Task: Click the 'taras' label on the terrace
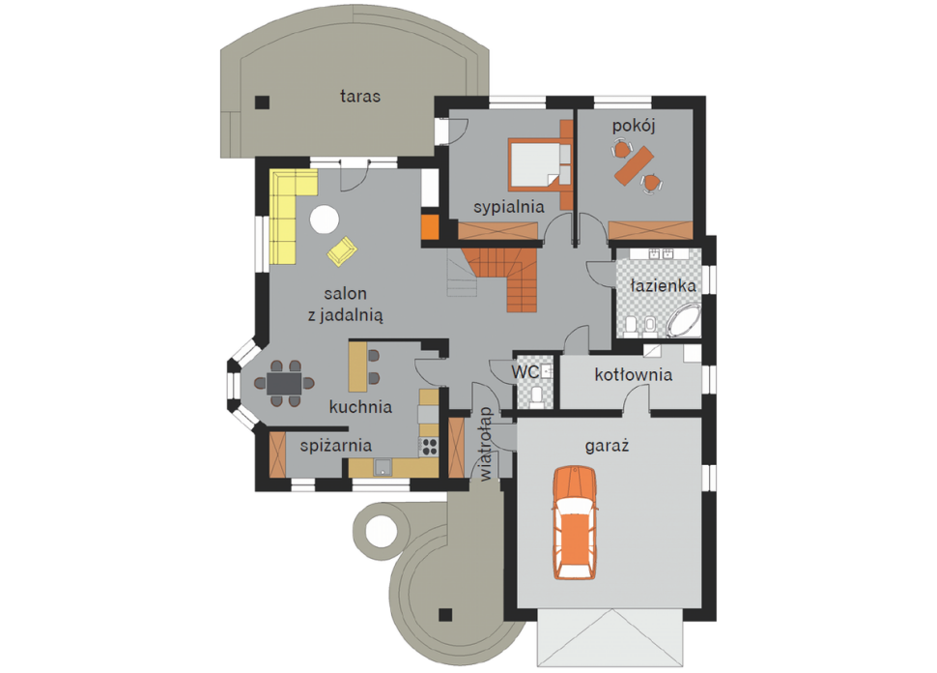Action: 359,97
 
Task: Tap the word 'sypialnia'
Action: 508,208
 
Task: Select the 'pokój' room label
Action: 634,127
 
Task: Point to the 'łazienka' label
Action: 664,286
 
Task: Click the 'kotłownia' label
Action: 634,375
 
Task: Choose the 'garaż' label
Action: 608,447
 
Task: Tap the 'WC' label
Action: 525,372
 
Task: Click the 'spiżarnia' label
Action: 336,446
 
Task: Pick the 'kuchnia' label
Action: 360,407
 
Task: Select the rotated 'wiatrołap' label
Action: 486,444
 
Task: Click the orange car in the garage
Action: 574,523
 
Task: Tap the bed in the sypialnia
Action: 538,163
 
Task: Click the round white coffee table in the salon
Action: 325,219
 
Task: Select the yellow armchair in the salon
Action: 342,250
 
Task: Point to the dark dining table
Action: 284,383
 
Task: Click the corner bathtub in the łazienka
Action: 684,321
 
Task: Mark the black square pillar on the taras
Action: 263,102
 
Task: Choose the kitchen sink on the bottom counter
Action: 383,467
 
